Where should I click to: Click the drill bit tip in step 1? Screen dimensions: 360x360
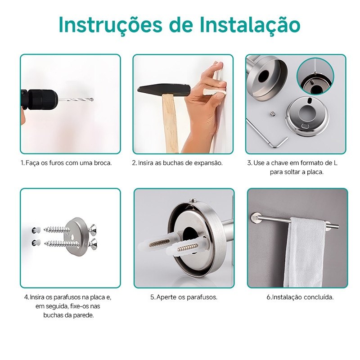[92, 100]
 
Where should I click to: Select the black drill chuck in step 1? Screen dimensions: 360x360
[43, 99]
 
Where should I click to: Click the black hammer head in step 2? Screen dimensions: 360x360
[164, 90]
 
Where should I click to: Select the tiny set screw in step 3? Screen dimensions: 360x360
[272, 113]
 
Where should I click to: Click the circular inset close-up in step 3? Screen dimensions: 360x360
[315, 76]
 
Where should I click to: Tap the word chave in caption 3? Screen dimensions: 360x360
[279, 163]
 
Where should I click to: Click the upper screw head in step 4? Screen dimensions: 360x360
[93, 229]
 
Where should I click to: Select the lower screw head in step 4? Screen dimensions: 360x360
[93, 244]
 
